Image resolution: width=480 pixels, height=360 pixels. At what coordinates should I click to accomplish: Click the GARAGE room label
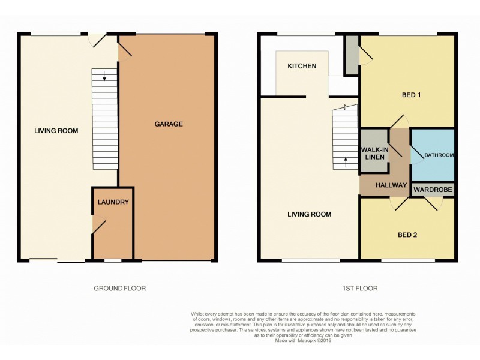point(169,124)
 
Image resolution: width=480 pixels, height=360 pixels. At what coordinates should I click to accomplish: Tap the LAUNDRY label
point(113,202)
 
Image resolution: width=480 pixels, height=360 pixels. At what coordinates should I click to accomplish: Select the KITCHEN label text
point(301,66)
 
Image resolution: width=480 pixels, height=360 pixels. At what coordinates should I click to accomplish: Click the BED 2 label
point(407,235)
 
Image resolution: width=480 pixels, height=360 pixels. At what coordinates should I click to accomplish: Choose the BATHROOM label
point(439,155)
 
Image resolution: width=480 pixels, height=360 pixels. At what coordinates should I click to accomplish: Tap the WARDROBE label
point(433,191)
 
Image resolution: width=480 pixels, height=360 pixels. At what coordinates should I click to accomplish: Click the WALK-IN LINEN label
point(373,153)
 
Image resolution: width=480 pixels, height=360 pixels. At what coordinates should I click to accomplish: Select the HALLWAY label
point(391,185)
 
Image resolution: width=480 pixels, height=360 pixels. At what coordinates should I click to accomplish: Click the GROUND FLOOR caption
point(120,288)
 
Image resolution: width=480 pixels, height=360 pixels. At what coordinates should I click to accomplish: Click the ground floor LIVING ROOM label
point(56,130)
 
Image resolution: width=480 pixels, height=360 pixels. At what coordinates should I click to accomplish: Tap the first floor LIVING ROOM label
point(310,214)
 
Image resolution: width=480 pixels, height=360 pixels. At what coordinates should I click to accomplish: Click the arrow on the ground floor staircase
point(104,76)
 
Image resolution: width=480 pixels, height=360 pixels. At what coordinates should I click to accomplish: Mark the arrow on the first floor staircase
point(346,160)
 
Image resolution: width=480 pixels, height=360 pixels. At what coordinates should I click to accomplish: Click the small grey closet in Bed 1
point(352,55)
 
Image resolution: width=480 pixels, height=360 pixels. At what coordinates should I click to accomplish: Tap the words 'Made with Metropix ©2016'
point(303,341)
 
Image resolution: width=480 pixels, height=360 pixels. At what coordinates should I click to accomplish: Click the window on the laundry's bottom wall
point(113,260)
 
